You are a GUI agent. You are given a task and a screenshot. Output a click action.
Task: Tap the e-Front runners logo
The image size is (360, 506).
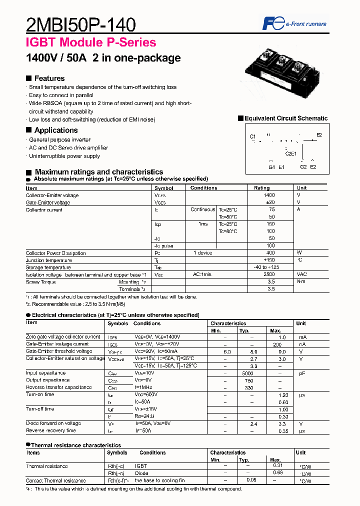(x=295, y=23)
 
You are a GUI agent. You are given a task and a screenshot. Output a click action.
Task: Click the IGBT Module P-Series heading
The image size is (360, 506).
(x=91, y=43)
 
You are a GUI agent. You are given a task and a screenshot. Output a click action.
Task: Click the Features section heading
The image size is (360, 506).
(x=49, y=78)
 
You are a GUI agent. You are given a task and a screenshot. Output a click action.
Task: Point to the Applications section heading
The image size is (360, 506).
(x=55, y=130)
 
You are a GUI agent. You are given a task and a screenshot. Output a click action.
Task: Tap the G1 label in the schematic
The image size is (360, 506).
(x=271, y=167)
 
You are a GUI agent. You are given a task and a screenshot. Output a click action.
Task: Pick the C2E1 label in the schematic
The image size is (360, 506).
(x=291, y=153)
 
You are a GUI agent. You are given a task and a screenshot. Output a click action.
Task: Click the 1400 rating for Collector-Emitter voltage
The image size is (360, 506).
(x=269, y=195)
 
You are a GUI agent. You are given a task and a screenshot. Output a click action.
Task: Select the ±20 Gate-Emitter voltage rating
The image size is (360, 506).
(x=269, y=202)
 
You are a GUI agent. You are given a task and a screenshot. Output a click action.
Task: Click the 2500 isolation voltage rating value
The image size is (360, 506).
(x=269, y=275)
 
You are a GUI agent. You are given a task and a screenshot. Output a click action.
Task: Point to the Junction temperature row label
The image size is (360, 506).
(x=49, y=260)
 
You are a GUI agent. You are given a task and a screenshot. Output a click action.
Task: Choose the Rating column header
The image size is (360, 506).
(x=262, y=188)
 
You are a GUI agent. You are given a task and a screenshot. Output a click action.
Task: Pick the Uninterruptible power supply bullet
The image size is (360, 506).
(x=64, y=156)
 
